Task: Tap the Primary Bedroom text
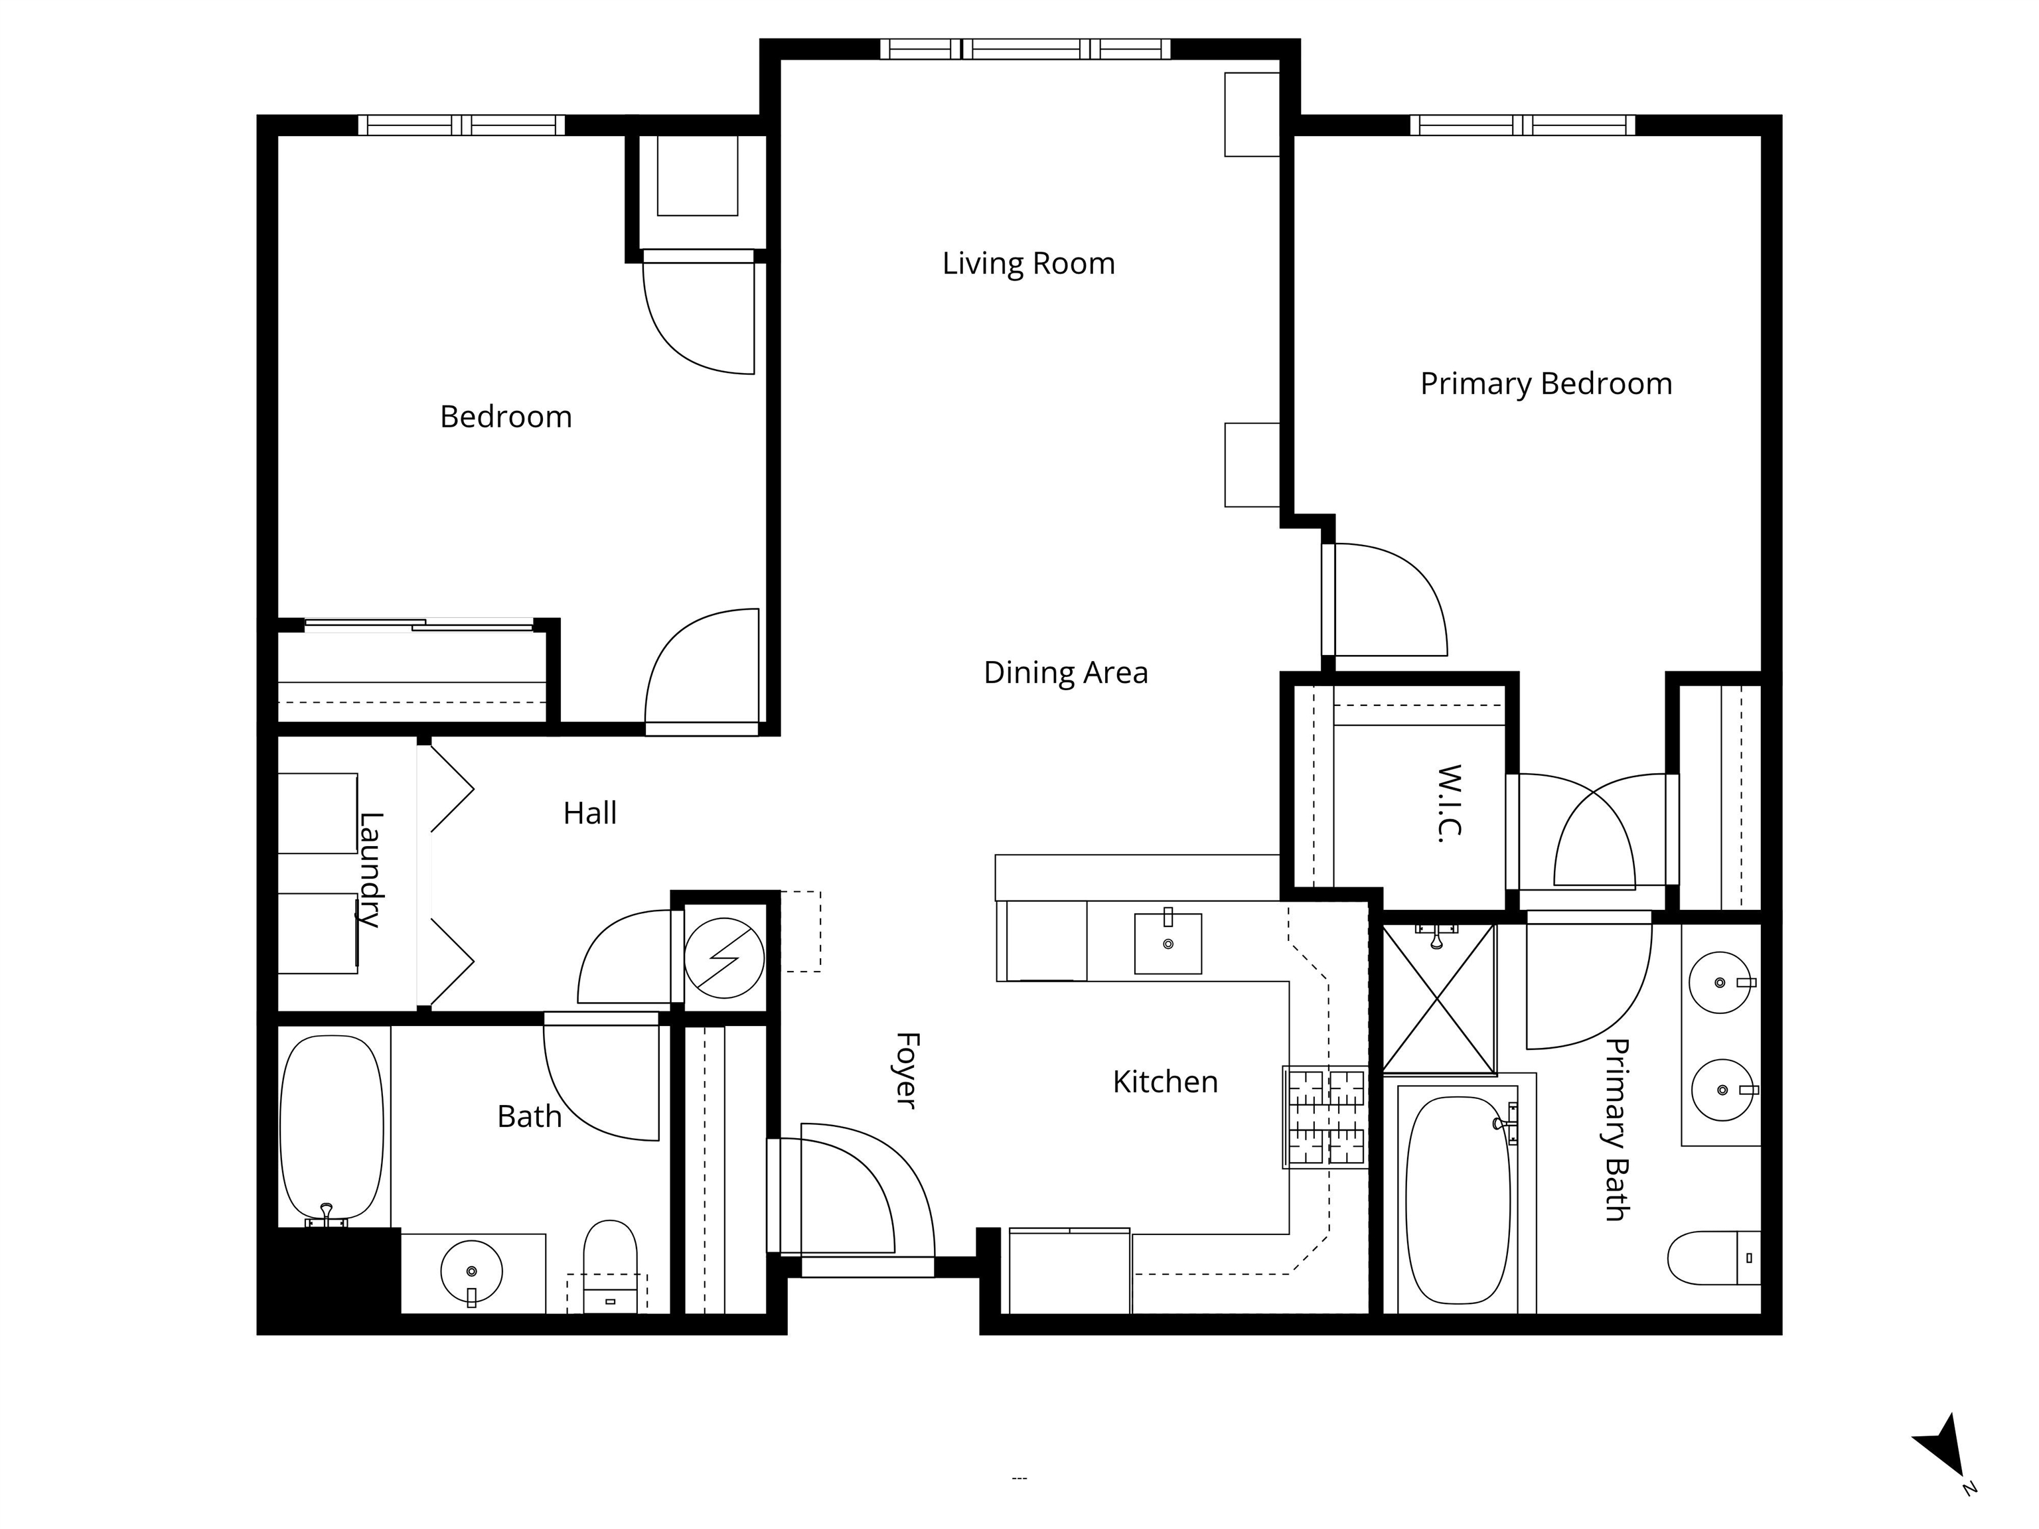coord(1546,384)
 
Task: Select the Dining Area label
coord(1065,673)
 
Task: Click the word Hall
coord(590,813)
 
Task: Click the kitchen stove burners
coord(1325,1116)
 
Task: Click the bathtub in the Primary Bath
coord(1458,1200)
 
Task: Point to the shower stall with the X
coord(1439,999)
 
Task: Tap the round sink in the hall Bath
coord(472,1272)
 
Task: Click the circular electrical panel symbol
coord(725,958)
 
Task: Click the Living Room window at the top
coord(1025,49)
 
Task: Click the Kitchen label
coord(1165,1082)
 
